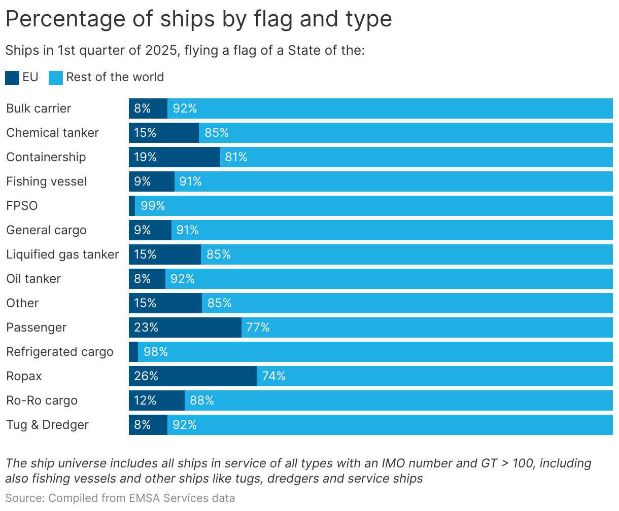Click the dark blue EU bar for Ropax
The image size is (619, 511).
pyautogui.click(x=193, y=376)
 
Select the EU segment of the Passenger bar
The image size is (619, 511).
pyautogui.click(x=185, y=327)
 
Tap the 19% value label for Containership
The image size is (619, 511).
pyautogui.click(x=145, y=157)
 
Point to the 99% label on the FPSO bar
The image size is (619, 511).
pyautogui.click(x=153, y=206)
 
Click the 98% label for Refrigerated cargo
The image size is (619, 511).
pyautogui.click(x=155, y=352)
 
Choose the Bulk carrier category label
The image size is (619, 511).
pyautogui.click(x=39, y=108)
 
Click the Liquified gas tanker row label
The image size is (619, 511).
pyautogui.click(x=62, y=254)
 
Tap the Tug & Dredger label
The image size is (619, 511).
pyautogui.click(x=47, y=425)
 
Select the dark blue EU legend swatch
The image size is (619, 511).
pyautogui.click(x=12, y=78)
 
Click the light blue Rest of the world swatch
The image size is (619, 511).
pyautogui.click(x=56, y=78)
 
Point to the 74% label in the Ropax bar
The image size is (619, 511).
pyautogui.click(x=273, y=376)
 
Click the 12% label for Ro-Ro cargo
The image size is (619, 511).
pyautogui.click(x=145, y=400)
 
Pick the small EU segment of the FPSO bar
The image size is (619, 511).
pyautogui.click(x=132, y=206)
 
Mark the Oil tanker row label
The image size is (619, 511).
pyautogui.click(x=33, y=279)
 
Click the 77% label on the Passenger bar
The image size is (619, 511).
pyautogui.click(x=258, y=327)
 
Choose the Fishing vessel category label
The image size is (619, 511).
pyautogui.click(x=46, y=181)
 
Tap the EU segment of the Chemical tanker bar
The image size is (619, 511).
pyautogui.click(x=164, y=133)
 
